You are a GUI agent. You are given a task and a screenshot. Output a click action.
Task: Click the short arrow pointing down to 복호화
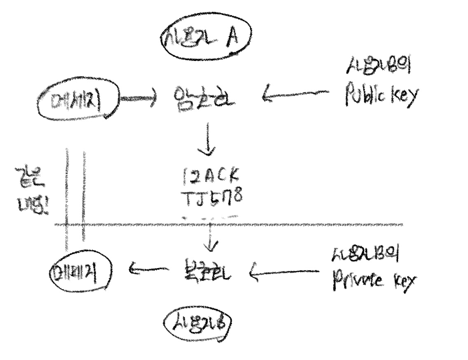[x=211, y=239]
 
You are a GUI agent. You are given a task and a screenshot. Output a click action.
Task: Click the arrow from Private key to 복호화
[x=284, y=272]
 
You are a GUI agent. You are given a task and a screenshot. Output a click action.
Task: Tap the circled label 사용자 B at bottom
[x=198, y=322]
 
